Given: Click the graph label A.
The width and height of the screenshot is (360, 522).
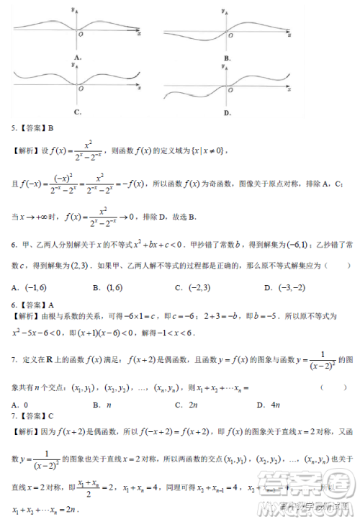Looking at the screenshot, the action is click(76, 57).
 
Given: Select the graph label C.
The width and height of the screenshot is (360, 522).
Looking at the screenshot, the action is click(76, 112).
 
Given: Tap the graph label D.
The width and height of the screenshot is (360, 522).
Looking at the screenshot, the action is click(227, 113).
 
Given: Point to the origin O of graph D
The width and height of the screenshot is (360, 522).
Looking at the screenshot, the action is click(232, 89).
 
